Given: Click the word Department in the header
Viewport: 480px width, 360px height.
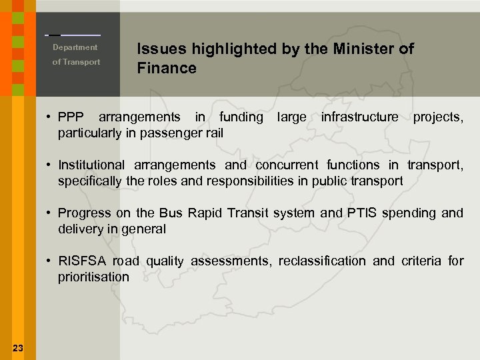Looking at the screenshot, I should coord(75,47).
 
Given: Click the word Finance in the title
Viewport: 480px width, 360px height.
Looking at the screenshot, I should coord(167,68).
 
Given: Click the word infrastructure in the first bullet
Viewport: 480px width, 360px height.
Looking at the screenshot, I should coord(359,117).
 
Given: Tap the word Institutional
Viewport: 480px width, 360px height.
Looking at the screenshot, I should coord(91,165).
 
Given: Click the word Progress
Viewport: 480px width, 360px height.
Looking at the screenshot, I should coord(81,213).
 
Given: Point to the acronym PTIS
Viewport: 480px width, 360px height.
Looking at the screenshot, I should coord(363,213).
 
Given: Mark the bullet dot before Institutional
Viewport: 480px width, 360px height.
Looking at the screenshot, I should coord(50,165).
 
